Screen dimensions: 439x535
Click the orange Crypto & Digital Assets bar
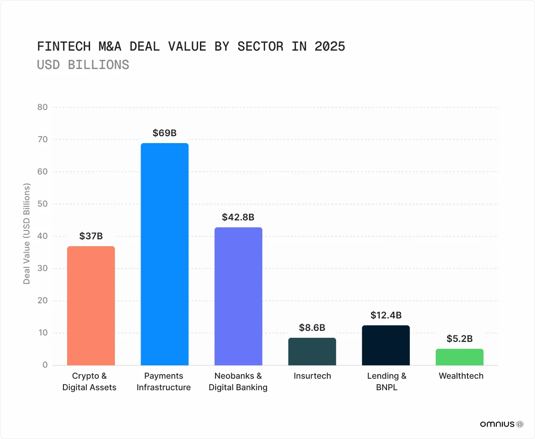tap(91, 306)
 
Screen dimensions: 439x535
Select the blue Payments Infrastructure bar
tap(165, 254)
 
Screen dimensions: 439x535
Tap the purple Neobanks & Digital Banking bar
tap(238, 296)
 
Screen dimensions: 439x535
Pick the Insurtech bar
tap(312, 352)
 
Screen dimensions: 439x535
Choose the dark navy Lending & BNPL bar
tap(386, 345)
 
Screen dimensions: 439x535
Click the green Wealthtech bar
tap(460, 357)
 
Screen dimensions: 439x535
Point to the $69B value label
tap(165, 133)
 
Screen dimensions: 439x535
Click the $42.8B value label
tap(238, 217)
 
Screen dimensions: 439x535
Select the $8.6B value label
tap(312, 328)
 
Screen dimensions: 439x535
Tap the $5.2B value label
tap(460, 339)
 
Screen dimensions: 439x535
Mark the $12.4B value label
tap(386, 315)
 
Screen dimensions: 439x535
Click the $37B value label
tap(91, 236)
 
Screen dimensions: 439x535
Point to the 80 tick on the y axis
tap(42, 107)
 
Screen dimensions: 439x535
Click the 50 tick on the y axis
tap(42, 204)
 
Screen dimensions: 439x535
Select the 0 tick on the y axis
tap(45, 365)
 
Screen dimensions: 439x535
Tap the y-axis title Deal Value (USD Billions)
tap(27, 234)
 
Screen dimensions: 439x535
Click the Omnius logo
tap(501, 424)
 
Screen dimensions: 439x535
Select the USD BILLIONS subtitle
tap(83, 65)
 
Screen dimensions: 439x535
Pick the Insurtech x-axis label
tap(312, 376)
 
